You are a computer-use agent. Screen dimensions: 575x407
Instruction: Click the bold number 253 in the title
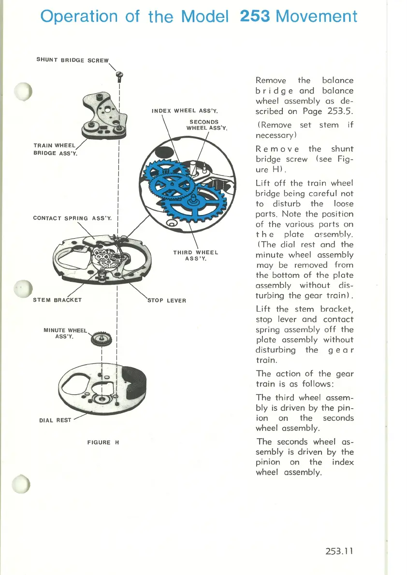pyautogui.click(x=255, y=16)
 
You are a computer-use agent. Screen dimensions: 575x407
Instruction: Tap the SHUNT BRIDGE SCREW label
pyautogui.click(x=73, y=60)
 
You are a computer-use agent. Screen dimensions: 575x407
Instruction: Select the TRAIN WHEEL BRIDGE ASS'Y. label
pyautogui.click(x=55, y=149)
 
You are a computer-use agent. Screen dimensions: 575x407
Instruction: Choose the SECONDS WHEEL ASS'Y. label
pyautogui.click(x=203, y=125)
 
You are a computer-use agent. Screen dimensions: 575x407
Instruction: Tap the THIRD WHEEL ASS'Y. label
pyautogui.click(x=196, y=255)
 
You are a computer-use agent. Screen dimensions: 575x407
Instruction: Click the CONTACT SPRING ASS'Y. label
pyautogui.click(x=73, y=217)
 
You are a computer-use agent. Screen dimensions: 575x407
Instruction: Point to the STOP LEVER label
pyautogui.click(x=166, y=300)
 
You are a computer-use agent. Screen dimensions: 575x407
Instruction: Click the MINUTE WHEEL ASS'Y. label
pyautogui.click(x=65, y=333)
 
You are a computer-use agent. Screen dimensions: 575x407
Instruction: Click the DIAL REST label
pyautogui.click(x=56, y=420)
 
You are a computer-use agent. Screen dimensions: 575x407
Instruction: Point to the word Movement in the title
pyautogui.click(x=317, y=16)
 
